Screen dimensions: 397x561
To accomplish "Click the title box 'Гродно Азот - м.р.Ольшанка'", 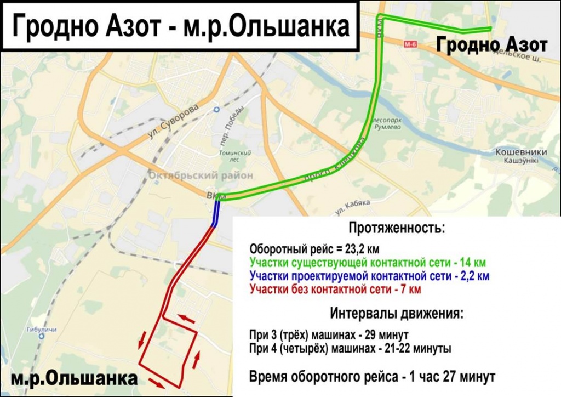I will tap(180, 27).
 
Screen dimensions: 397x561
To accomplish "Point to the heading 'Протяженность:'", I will tap(397, 227).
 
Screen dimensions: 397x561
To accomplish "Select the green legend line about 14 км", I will tap(367, 263).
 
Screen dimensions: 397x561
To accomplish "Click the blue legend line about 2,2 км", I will tap(369, 276).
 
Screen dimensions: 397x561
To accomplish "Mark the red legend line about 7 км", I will tap(335, 289).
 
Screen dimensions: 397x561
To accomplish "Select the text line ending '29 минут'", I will tap(329, 335).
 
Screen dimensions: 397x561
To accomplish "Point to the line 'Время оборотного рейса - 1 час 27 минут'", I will tap(372, 377).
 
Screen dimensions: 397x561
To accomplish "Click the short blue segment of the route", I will tap(216, 213).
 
